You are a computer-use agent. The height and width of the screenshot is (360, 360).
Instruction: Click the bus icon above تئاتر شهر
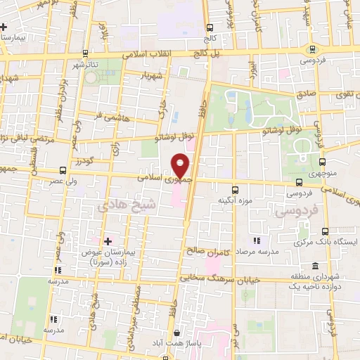pos(85,53)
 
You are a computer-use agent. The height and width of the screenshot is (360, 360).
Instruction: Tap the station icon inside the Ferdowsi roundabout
pos(312,49)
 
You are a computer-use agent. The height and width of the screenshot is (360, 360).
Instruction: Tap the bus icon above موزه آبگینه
pos(236,188)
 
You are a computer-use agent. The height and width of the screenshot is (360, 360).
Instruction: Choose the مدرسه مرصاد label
pos(257,250)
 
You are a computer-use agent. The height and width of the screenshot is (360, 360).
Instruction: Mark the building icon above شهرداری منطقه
pos(314,266)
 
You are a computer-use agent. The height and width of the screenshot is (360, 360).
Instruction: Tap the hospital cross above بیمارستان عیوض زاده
pos(107,240)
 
